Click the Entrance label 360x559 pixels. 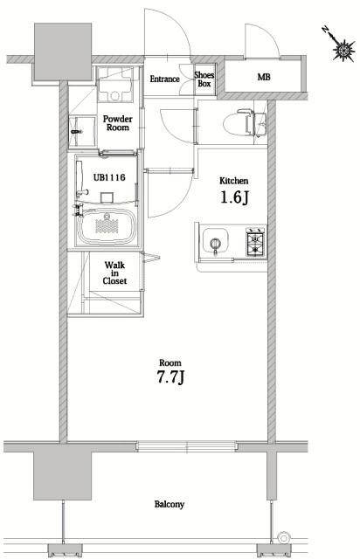tap(164, 79)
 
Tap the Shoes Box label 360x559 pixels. tap(204, 79)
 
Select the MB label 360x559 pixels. tap(263, 78)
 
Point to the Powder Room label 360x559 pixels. tap(116, 122)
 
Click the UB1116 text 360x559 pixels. tap(107, 177)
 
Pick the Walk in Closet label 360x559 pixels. tap(115, 273)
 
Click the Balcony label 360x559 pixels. tap(170, 504)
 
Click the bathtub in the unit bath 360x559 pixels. tap(107, 229)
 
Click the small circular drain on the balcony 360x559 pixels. tap(282, 537)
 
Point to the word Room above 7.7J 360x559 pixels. tap(170, 361)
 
